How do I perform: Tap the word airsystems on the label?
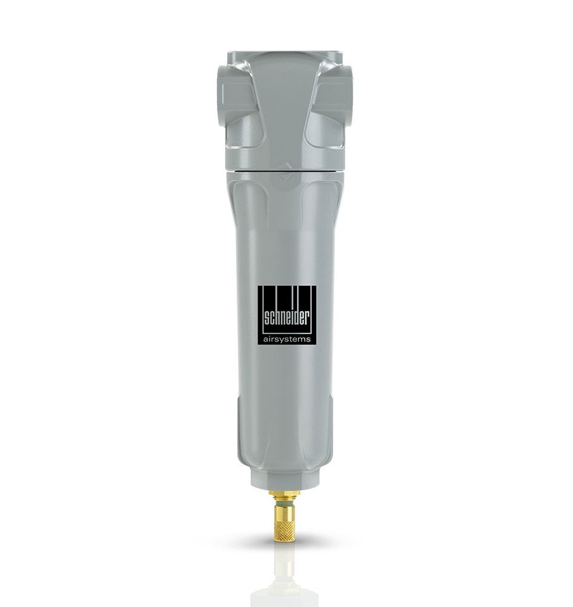coord(287,340)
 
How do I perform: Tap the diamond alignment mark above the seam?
coord(286,167)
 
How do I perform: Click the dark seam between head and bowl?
coord(286,172)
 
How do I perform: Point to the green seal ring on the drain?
coord(285,501)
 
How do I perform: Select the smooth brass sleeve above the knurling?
coord(285,506)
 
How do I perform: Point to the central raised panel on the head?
coord(286,108)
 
